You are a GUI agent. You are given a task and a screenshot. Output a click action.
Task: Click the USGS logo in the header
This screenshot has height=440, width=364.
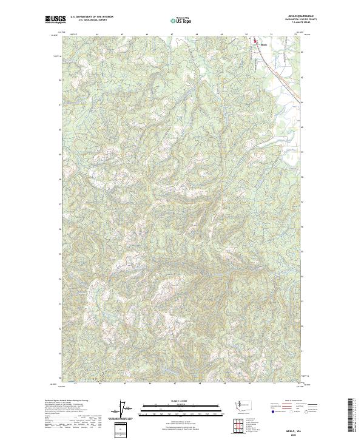55,20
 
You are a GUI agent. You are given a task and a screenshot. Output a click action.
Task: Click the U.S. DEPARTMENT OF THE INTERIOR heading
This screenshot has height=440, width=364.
92,17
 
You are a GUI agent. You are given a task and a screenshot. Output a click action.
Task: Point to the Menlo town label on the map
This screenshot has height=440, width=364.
263,44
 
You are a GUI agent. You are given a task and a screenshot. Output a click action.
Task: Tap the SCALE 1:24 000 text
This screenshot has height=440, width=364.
183,401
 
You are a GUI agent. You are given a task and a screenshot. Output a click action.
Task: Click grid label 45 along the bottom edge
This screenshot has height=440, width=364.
125,383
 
